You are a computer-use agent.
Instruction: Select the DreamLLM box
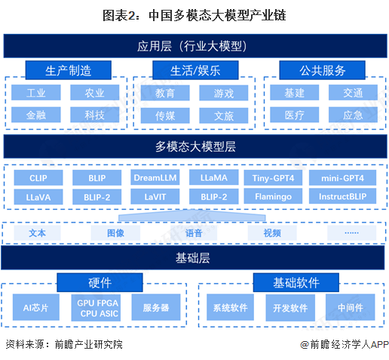coord(155,178)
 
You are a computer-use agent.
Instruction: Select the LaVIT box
coord(155,197)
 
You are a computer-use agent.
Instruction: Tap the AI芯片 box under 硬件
coord(36,307)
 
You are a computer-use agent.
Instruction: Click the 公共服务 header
coord(322,71)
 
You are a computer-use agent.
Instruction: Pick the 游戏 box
coord(223,94)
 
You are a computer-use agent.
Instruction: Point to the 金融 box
coord(35,115)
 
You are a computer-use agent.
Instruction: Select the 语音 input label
coord(194,233)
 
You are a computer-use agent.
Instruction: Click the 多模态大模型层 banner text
coord(195,146)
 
